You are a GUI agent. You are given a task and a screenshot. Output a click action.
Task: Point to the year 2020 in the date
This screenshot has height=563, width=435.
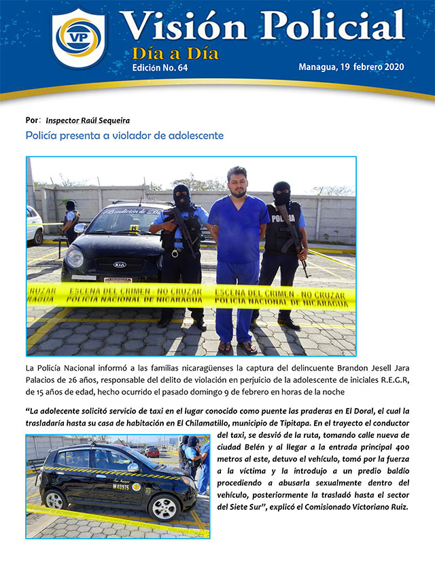[390, 67]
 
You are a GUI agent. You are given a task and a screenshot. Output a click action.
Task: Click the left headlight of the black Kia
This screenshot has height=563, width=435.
[75, 258]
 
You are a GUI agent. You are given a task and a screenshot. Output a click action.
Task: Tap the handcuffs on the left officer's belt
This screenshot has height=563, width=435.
[175, 254]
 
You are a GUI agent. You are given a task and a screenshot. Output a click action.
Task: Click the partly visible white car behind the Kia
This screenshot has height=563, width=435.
[34, 224]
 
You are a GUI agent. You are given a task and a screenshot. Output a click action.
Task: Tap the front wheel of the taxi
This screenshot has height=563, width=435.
[164, 507]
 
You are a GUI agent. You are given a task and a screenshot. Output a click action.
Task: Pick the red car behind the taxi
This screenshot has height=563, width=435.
[152, 451]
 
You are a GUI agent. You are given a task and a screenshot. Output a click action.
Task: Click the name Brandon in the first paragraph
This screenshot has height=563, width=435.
[300, 369]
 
